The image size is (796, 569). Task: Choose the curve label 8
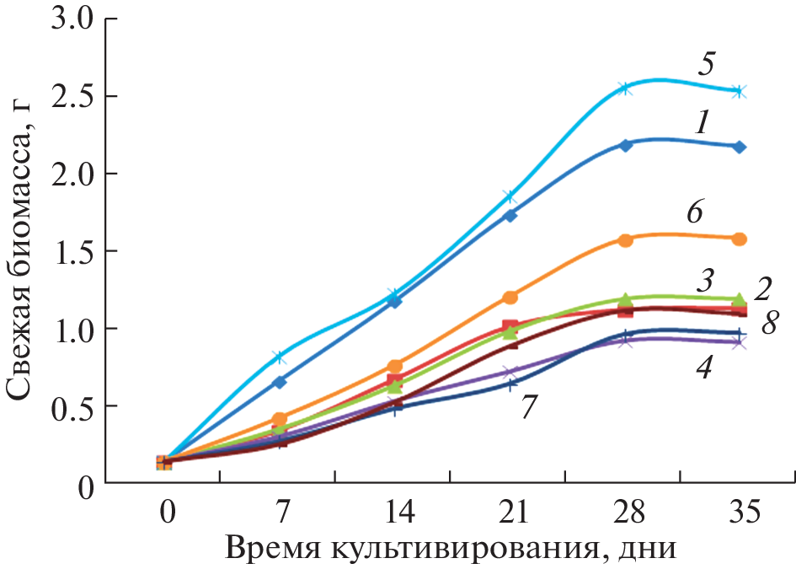click(x=769, y=323)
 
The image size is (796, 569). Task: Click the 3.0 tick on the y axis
click(x=71, y=19)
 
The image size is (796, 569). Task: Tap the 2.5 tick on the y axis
click(x=71, y=96)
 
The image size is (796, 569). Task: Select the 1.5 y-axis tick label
click(x=71, y=251)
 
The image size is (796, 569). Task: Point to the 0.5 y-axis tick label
click(x=71, y=406)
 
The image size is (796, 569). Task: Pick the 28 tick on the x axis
click(x=625, y=511)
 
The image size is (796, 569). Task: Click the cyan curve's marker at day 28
click(x=625, y=88)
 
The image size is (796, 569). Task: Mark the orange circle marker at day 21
click(x=510, y=297)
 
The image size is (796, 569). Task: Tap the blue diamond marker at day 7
click(x=280, y=382)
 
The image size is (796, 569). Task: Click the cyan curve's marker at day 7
click(x=280, y=357)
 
